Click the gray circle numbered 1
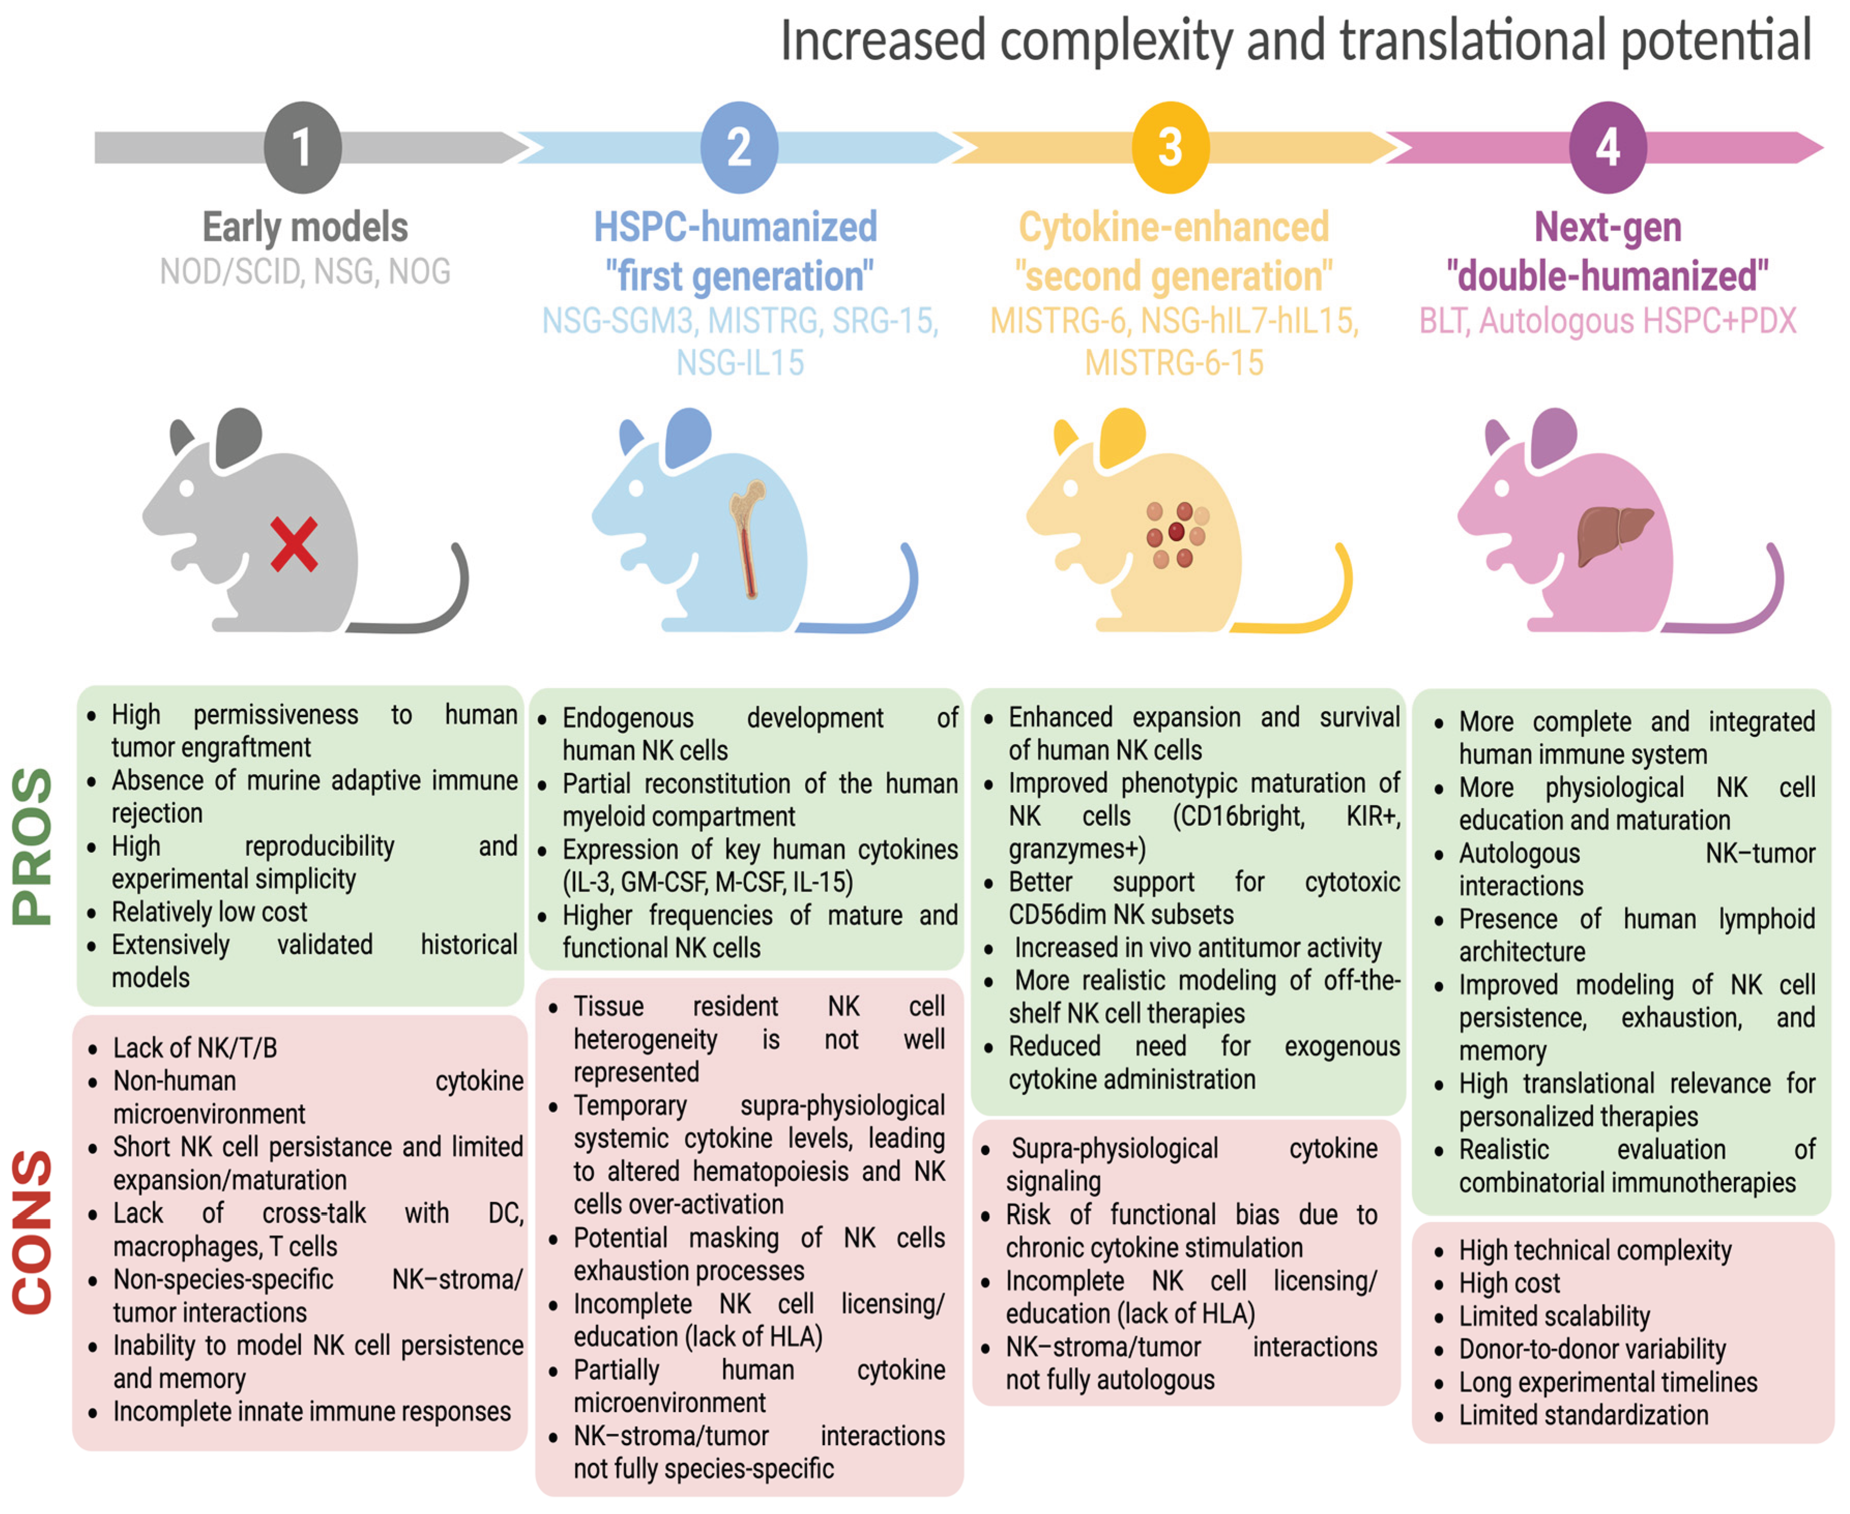(x=302, y=147)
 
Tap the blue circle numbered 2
(x=739, y=147)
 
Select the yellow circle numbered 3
(x=1170, y=147)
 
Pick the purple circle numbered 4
(x=1607, y=147)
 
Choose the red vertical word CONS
(x=33, y=1231)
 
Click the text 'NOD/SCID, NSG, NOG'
(x=305, y=272)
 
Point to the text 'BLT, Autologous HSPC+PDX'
(x=1607, y=321)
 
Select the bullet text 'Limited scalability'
(x=1553, y=1316)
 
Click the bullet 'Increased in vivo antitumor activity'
(x=1197, y=948)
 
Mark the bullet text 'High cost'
(x=1509, y=1283)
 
